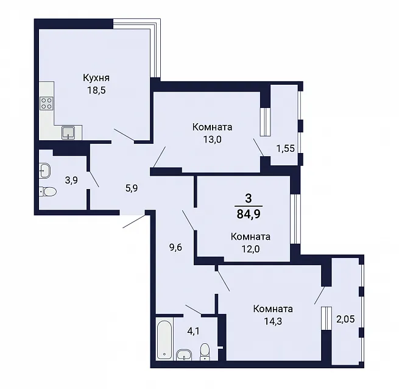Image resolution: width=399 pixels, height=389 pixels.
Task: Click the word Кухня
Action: pyautogui.click(x=96, y=77)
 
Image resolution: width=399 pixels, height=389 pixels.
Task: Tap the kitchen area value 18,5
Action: pyautogui.click(x=96, y=90)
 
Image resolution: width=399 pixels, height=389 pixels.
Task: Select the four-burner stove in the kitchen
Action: pyautogui.click(x=47, y=104)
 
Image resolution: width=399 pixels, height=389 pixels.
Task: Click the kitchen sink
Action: pyautogui.click(x=68, y=133)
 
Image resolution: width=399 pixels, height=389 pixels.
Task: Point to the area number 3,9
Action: pyautogui.click(x=71, y=180)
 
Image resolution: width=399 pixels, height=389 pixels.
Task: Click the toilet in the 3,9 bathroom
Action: pyautogui.click(x=48, y=191)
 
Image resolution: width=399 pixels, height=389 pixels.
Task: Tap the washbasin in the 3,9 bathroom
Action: pyautogui.click(x=45, y=170)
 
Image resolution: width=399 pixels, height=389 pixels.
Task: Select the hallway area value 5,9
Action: pyautogui.click(x=132, y=188)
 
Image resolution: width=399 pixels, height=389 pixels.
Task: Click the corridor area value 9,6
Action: pyautogui.click(x=176, y=247)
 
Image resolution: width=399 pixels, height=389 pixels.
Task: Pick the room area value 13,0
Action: pyautogui.click(x=212, y=140)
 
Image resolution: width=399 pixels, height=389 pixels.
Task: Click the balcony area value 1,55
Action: pyautogui.click(x=286, y=148)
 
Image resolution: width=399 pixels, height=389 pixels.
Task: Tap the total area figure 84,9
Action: pyautogui.click(x=249, y=214)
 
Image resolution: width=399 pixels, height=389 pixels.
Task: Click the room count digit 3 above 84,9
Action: pyautogui.click(x=249, y=198)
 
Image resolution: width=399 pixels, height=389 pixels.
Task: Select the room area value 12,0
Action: pyautogui.click(x=250, y=249)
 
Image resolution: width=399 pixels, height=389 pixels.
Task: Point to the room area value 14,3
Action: pyautogui.click(x=273, y=321)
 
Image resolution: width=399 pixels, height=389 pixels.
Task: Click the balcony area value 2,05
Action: pyautogui.click(x=345, y=319)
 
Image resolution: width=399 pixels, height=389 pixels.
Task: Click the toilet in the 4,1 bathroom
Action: pyautogui.click(x=205, y=352)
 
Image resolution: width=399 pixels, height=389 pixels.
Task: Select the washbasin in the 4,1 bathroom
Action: pyautogui.click(x=184, y=355)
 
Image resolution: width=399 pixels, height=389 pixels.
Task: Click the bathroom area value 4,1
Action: pyautogui.click(x=193, y=332)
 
